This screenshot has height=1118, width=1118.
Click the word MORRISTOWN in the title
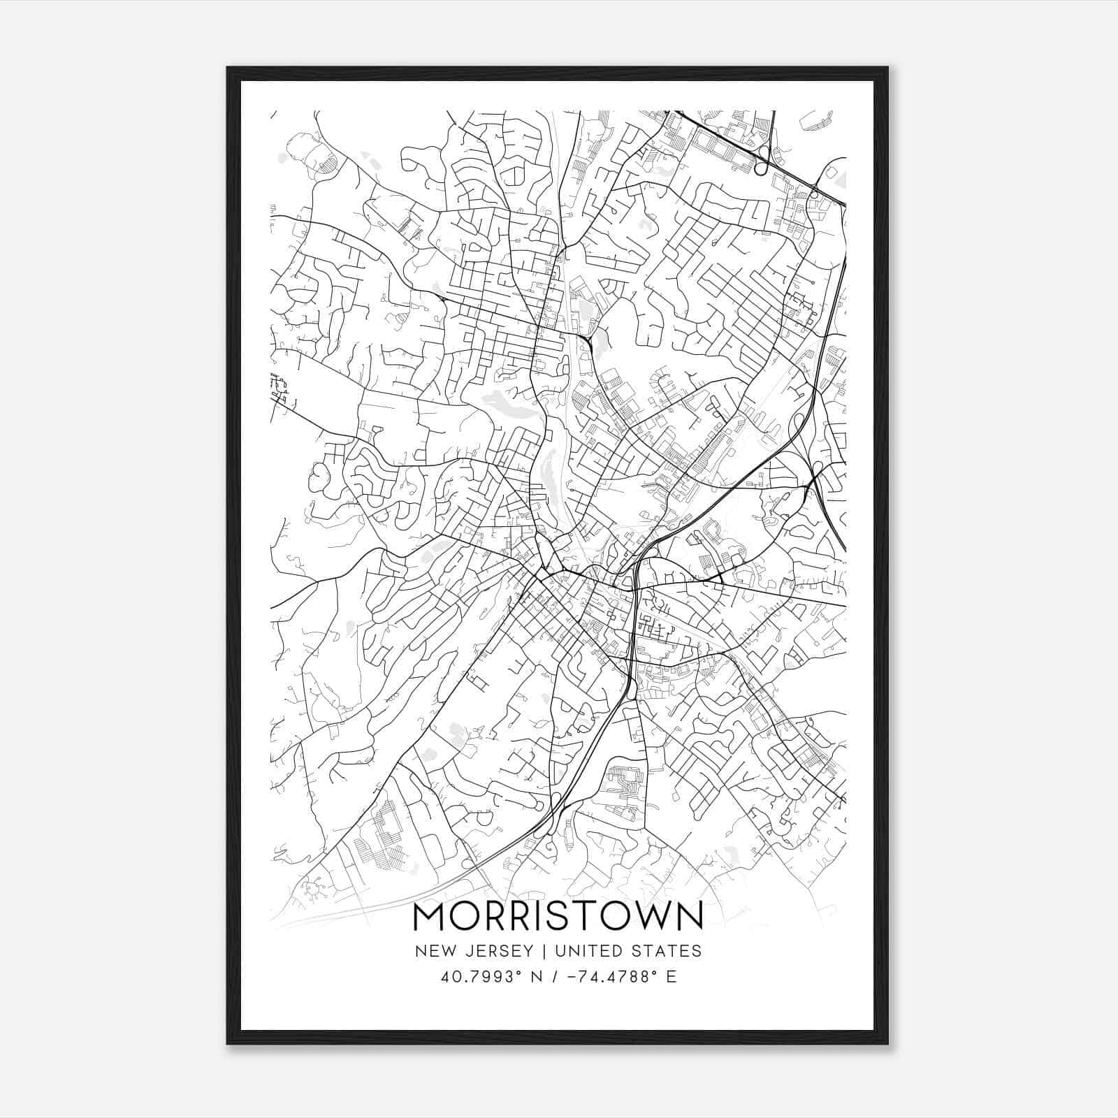coord(558,917)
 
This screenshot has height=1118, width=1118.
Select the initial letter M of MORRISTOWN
coord(430,917)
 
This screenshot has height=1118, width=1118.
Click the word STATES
coord(667,951)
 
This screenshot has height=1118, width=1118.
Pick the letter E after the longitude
coord(671,977)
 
